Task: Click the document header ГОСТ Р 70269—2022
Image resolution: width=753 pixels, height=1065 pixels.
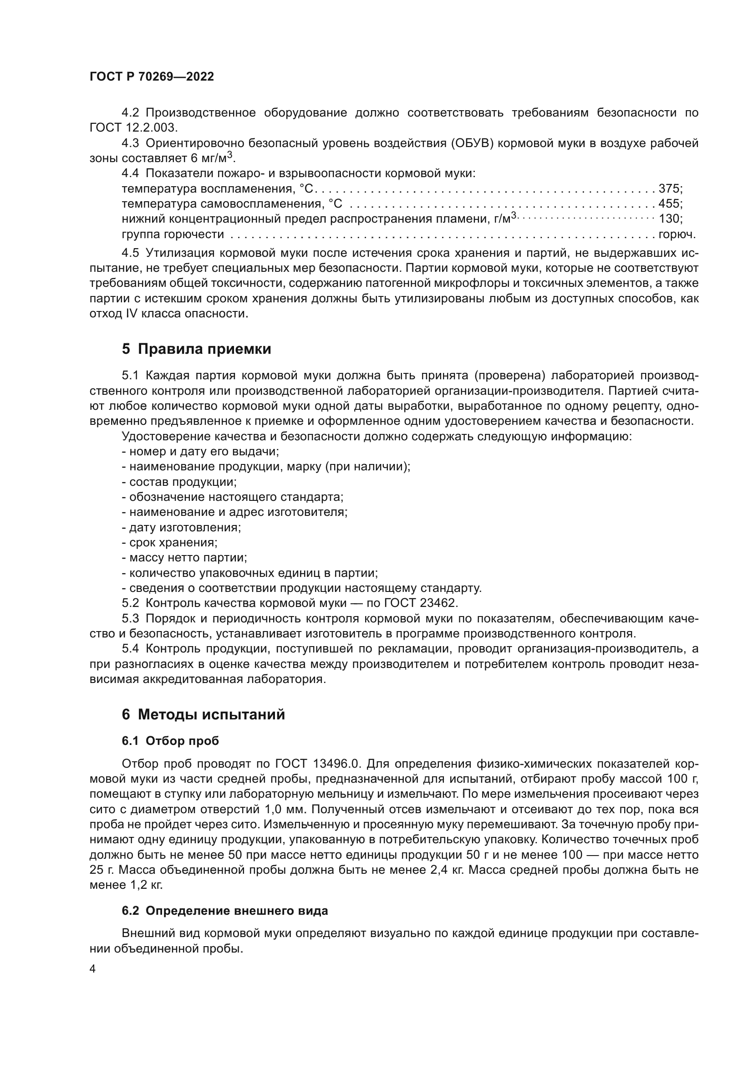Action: tap(152, 77)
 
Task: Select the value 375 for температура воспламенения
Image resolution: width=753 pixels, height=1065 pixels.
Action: tap(669, 189)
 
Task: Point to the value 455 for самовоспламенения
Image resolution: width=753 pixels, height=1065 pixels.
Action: tap(669, 204)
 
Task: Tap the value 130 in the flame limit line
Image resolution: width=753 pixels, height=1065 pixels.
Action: tap(669, 219)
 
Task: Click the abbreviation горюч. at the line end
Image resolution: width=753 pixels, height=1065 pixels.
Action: tap(677, 234)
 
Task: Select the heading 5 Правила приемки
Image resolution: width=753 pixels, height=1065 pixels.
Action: tap(196, 349)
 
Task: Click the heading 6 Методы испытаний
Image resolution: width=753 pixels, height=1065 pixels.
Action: tap(203, 715)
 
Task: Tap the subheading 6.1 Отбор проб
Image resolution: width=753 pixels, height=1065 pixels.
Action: tap(170, 741)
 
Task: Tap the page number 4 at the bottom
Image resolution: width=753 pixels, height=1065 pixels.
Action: tap(92, 969)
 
